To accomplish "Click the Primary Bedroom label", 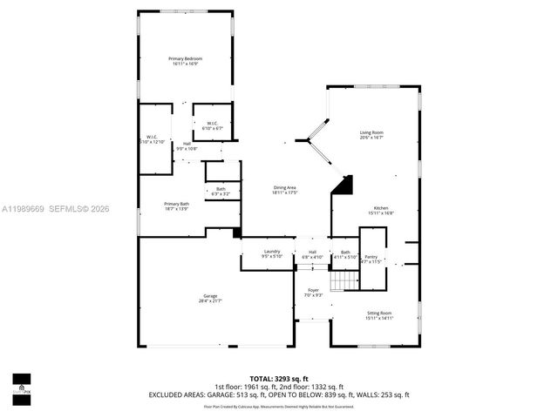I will (185, 61).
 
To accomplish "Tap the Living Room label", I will (371, 135).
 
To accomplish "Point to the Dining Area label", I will (285, 190).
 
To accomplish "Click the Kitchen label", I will (380, 210).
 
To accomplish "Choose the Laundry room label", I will (272, 254).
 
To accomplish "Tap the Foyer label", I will (313, 293).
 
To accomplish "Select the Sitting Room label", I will (379, 315).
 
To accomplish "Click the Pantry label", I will (371, 259).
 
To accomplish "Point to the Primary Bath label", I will (177, 206).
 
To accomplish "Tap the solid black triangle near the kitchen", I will (346, 185).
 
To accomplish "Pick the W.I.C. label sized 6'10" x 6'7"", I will (213, 125).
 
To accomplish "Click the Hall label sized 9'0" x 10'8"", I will (187, 146).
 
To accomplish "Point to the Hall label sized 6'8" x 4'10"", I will (312, 255).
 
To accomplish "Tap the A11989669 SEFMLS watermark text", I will (56, 208).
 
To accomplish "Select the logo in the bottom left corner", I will (21, 384).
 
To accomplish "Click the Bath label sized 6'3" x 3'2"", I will (221, 192).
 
